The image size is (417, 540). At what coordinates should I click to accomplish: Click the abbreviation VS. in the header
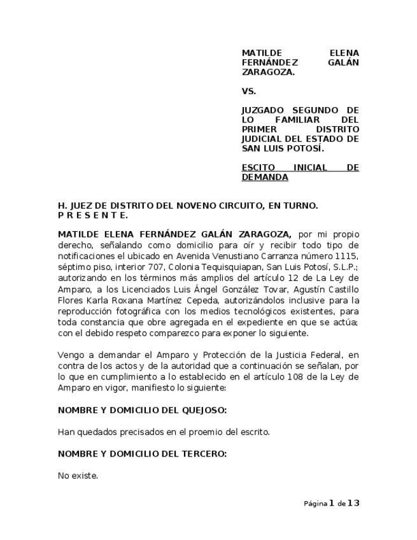pos(248,91)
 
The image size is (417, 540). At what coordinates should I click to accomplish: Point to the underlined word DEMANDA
pos(265,178)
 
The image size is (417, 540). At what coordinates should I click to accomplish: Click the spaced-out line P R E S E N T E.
pos(93,215)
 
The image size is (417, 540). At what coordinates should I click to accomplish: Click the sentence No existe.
pos(78,475)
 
